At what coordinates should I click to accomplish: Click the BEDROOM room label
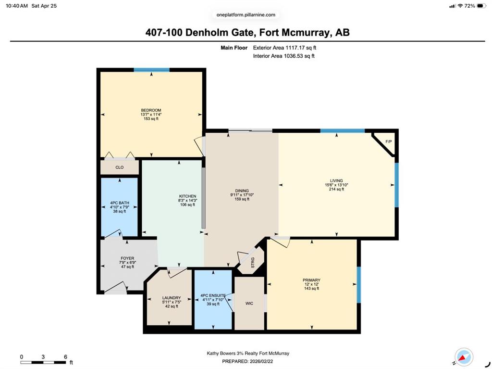point(151,110)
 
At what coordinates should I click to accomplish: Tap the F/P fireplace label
point(388,142)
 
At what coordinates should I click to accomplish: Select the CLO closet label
point(120,167)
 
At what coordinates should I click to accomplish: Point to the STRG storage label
point(253,263)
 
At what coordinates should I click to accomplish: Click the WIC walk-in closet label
point(249,303)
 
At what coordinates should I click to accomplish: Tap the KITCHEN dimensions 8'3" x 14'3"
point(188,201)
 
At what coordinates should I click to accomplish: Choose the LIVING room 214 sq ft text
point(336,189)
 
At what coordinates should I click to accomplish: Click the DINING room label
point(242,191)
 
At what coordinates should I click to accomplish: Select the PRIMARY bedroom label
point(311,280)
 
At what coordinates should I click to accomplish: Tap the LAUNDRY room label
point(172,298)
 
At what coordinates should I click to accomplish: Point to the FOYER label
point(127,258)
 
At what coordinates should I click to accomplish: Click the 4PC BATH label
point(120,203)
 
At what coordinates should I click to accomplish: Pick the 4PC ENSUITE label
point(213,295)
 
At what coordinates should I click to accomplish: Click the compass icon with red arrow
point(464,357)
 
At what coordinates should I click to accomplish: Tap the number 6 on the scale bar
point(65,357)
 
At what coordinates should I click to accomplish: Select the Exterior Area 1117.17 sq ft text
point(284,48)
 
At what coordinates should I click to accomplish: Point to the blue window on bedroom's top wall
point(151,70)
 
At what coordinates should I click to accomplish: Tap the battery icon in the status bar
point(481,6)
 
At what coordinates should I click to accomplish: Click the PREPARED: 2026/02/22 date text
point(247,361)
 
